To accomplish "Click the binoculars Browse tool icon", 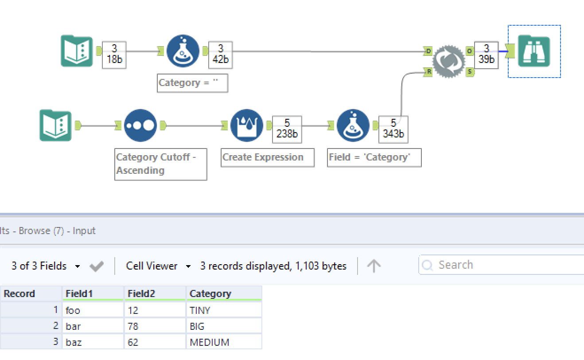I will click(x=533, y=51).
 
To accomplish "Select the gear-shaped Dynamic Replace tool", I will click(x=448, y=61).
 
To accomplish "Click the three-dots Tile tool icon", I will click(x=140, y=125).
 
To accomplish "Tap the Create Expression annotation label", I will click(x=267, y=157).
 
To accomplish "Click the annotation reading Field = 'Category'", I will click(x=374, y=157).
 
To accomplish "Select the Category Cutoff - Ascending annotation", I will click(x=160, y=164).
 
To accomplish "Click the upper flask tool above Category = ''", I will click(x=183, y=51).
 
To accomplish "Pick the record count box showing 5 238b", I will click(x=287, y=129).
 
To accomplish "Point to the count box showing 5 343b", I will click(x=393, y=129).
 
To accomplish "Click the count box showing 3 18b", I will click(x=114, y=55).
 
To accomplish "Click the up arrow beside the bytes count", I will click(x=374, y=266).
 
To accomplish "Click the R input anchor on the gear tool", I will click(x=428, y=71).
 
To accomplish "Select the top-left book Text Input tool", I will click(x=77, y=51).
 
